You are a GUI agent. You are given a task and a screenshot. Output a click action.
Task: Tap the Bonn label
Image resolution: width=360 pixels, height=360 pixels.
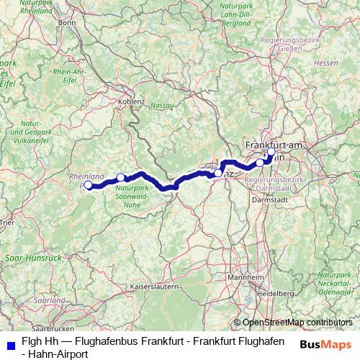[67, 22]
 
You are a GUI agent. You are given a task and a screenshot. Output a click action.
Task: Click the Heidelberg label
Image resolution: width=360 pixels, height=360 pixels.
[276, 294]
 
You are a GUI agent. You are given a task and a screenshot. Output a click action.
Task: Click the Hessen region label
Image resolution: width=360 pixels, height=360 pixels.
[326, 63]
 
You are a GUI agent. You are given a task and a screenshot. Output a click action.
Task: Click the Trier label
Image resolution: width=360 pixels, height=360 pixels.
[7, 223]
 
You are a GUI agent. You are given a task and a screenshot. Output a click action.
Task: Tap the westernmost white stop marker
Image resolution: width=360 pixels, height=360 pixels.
[89, 185]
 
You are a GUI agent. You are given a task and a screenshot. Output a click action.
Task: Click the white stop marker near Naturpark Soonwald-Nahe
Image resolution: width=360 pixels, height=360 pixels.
[121, 177]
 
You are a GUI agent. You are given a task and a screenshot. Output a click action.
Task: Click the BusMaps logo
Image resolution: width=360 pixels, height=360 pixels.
[325, 344]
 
